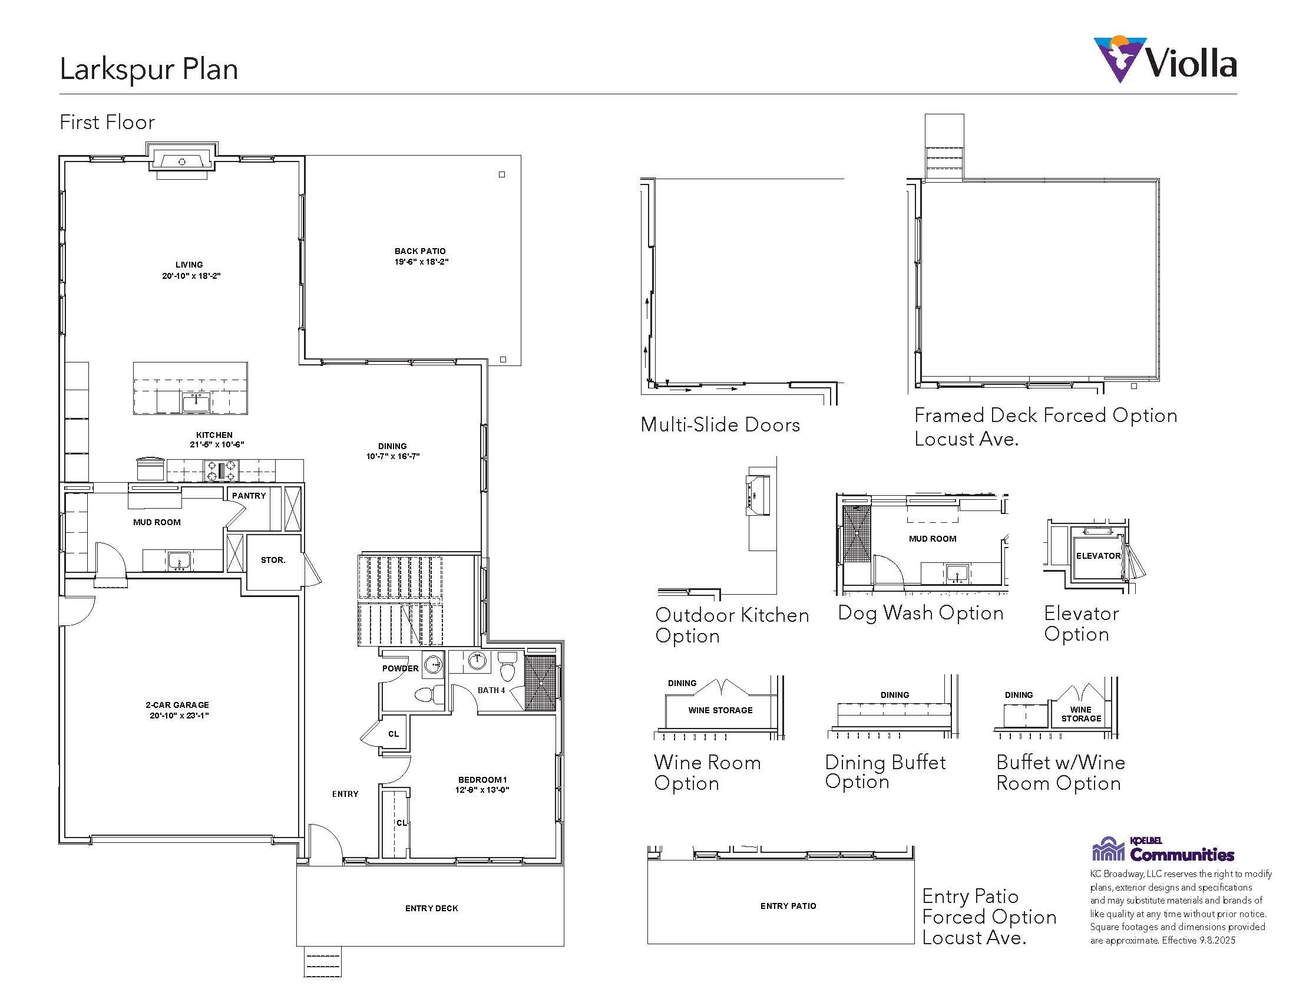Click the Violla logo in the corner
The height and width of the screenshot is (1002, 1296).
[x=1165, y=60]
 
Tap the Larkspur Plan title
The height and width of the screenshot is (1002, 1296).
[x=149, y=70]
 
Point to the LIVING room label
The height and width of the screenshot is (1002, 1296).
[x=189, y=265]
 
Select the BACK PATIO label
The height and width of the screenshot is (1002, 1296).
[x=420, y=251]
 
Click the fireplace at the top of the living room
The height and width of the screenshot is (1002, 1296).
[x=182, y=160]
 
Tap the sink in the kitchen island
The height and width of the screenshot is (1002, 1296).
[x=196, y=403]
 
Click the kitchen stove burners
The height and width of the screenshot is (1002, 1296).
[x=221, y=472]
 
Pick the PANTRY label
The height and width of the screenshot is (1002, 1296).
[x=249, y=496]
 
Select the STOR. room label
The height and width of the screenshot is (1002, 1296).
[x=273, y=560]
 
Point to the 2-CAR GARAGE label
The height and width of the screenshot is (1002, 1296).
[x=177, y=705]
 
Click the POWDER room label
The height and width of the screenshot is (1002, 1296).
[x=401, y=668]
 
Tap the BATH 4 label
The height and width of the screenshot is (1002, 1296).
[x=491, y=690]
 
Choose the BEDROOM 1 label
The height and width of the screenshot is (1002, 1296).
[x=482, y=780]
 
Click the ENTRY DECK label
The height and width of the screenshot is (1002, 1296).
[x=431, y=908]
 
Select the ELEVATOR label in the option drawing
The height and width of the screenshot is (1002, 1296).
[x=1099, y=556]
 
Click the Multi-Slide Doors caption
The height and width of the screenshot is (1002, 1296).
[x=720, y=425]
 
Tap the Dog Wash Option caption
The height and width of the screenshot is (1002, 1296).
[x=920, y=613]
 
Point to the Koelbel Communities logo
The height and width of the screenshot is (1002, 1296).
[x=1163, y=849]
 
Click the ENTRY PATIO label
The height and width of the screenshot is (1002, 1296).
[x=788, y=906]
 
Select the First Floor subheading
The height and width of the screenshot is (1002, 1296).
[x=107, y=122]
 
